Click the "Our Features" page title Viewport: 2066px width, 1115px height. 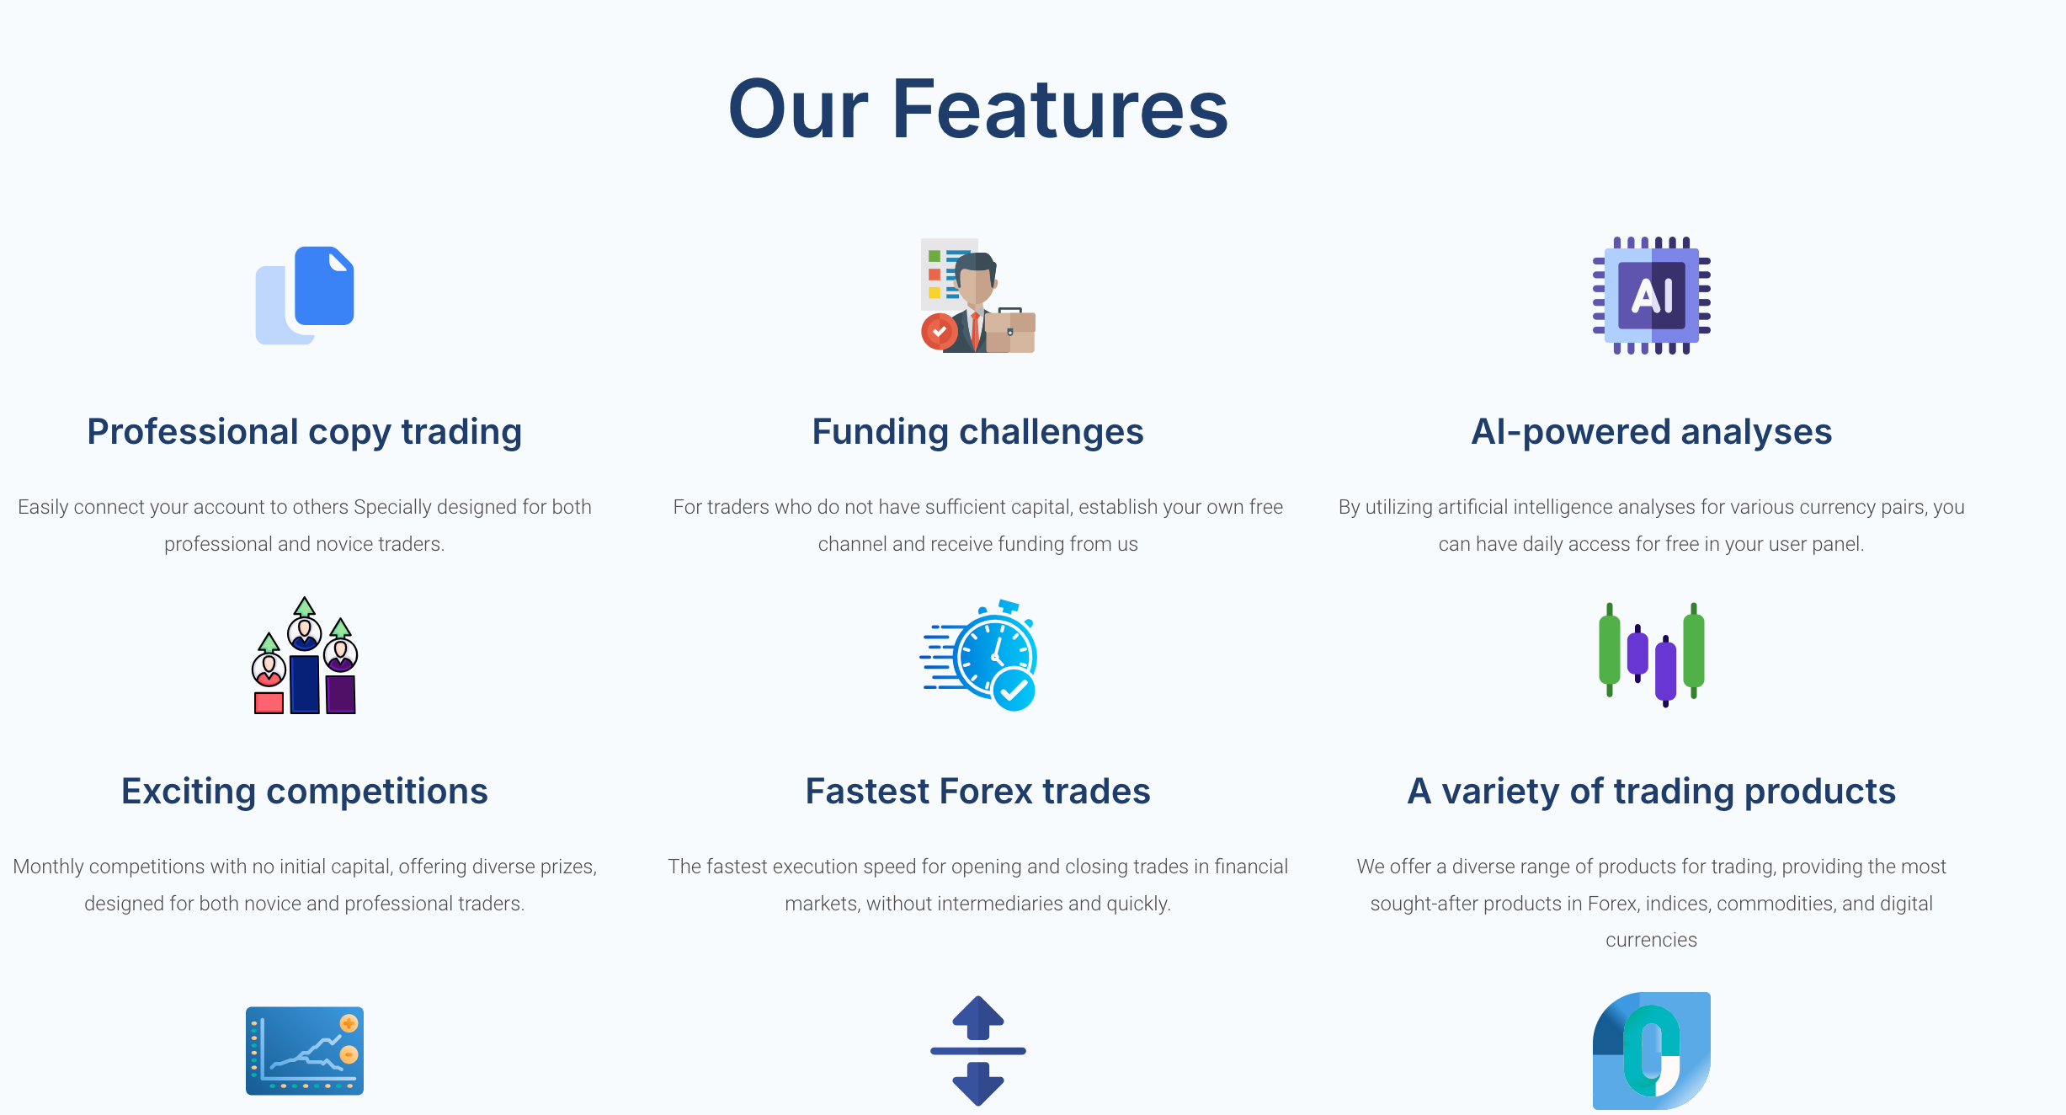[x=978, y=109]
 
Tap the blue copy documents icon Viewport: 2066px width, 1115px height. [x=305, y=296]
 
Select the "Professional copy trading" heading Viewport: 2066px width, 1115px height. [x=305, y=432]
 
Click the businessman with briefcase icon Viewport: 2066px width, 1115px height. [x=978, y=296]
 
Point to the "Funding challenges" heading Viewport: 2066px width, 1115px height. [x=978, y=432]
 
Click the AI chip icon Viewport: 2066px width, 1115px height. [x=1652, y=296]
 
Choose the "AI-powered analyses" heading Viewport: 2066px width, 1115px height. [x=1652, y=432]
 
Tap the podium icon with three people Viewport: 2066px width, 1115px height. [x=305, y=655]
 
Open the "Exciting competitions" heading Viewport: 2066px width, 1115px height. [x=305, y=792]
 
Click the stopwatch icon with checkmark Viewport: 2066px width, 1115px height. [x=978, y=655]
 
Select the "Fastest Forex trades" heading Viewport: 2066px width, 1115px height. [x=978, y=792]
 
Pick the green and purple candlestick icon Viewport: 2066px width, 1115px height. [x=1652, y=655]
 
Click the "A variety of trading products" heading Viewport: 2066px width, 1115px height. [x=1652, y=792]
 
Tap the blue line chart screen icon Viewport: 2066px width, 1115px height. [x=305, y=1051]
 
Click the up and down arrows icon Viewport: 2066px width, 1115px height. [x=978, y=1051]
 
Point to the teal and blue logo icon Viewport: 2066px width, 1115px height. [x=1652, y=1051]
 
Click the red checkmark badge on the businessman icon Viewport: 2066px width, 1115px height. [x=939, y=332]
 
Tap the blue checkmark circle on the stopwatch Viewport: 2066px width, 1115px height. [x=1014, y=691]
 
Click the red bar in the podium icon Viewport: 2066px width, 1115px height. [x=269, y=702]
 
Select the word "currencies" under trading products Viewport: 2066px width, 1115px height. [x=1652, y=940]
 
